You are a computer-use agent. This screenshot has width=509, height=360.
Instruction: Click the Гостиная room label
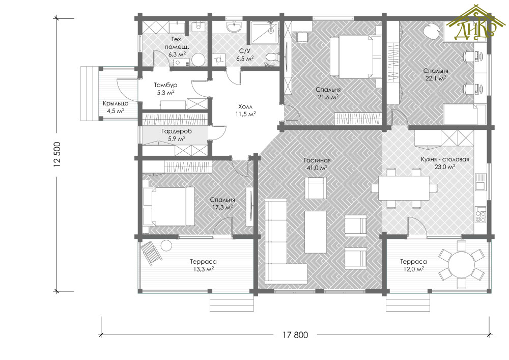pos(317,160)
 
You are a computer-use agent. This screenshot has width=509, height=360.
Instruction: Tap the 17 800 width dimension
pos(295,335)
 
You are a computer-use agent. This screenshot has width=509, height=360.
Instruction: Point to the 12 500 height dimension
pos(58,154)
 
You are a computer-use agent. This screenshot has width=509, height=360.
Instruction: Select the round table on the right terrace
pos(461,265)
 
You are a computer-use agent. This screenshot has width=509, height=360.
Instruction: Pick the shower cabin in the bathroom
pos(265,32)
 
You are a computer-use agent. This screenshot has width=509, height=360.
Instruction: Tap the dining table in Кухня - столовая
pos(404,188)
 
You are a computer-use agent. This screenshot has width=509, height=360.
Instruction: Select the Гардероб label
pos(176,131)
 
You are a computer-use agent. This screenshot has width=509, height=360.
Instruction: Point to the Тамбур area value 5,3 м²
pos(165,92)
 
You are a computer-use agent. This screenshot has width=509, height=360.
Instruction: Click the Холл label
pos(245,106)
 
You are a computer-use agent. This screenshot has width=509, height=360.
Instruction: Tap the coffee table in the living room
pos(316,232)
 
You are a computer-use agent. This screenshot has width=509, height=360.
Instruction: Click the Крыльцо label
pos(116,103)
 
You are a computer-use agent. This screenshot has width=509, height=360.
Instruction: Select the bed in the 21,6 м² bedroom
pos(355,58)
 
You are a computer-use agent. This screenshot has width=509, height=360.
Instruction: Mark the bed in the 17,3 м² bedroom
pos(168,206)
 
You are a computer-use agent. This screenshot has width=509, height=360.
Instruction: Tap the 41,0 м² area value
pos(317,168)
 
